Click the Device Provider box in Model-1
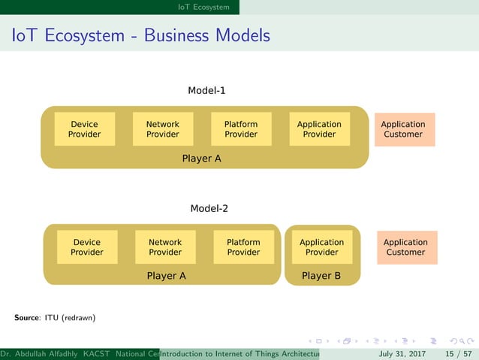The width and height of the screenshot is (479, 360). tap(84, 129)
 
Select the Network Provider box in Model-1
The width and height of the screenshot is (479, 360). tap(163, 129)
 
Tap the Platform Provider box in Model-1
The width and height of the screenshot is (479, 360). tap(241, 129)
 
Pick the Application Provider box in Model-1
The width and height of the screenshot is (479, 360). tap(319, 129)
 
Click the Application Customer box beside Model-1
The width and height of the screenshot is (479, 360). tap(403, 129)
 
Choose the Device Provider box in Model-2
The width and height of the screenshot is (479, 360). tap(87, 247)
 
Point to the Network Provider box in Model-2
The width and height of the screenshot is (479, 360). tap(165, 247)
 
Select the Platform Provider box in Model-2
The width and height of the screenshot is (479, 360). tap(243, 247)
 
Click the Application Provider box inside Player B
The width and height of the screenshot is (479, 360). tap(321, 247)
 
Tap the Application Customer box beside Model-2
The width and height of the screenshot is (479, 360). tap(405, 247)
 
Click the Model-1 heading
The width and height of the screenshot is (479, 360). tap(206, 91)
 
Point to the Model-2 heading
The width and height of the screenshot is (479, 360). tap(209, 208)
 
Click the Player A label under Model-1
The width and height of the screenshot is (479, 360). tap(201, 159)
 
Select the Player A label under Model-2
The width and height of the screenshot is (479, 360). tap(166, 276)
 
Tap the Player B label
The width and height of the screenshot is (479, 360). tap(321, 276)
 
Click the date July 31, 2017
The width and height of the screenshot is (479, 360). tap(402, 353)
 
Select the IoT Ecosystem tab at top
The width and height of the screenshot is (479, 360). tap(203, 7)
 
